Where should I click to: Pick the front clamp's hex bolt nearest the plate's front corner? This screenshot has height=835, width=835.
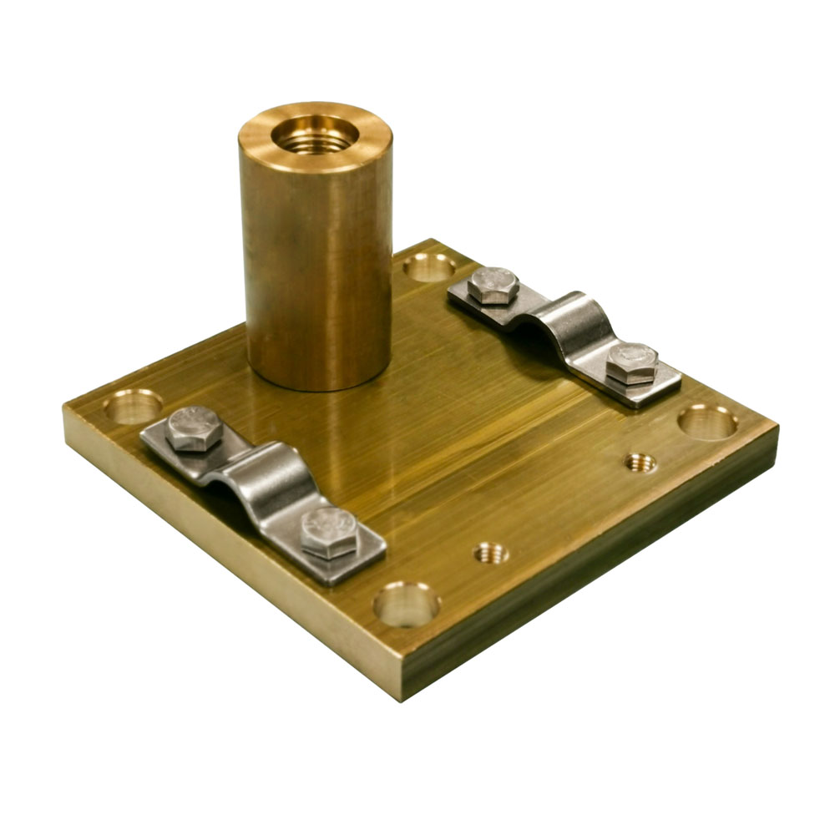tap(329, 532)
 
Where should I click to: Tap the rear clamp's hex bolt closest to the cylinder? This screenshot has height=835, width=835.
tap(493, 285)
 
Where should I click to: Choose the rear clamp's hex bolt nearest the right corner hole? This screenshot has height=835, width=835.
tap(631, 363)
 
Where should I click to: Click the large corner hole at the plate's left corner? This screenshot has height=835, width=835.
tap(133, 407)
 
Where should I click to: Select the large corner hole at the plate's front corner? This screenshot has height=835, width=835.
tap(406, 604)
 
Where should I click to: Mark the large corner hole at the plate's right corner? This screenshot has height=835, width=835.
tap(707, 422)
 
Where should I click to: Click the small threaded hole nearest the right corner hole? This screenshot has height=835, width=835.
tap(640, 462)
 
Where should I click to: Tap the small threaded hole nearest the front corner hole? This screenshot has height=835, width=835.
tap(492, 552)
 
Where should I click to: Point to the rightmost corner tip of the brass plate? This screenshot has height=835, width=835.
tap(777, 428)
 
